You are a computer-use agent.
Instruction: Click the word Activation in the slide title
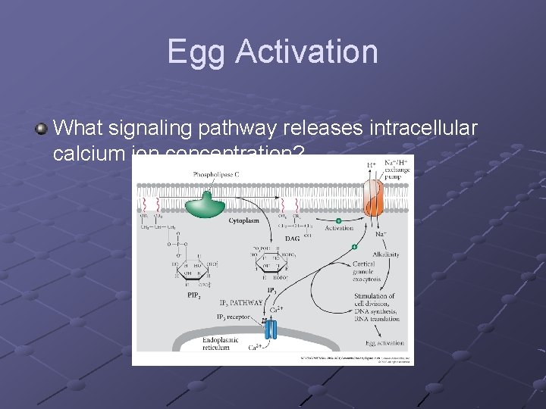click(306, 52)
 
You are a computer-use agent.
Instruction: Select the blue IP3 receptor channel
click(270, 329)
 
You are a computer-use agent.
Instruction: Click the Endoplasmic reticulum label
click(221, 344)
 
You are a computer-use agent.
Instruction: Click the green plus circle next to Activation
click(338, 220)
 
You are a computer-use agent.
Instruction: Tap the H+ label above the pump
click(372, 164)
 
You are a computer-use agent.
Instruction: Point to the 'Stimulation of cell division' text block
click(374, 307)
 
